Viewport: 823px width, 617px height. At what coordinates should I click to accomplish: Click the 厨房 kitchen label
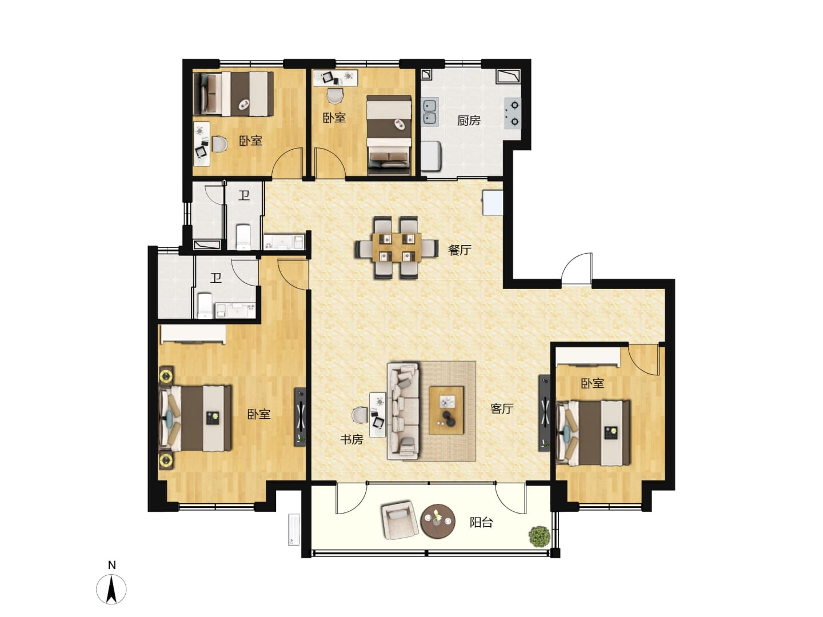coord(469,121)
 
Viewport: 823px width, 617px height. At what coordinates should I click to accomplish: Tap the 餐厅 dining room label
coord(460,250)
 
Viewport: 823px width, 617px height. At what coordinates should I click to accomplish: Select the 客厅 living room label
coord(502,408)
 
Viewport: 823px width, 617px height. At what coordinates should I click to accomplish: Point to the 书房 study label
coord(351,439)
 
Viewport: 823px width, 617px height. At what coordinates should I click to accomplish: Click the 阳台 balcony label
coord(481,522)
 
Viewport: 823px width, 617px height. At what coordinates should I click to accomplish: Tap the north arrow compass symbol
coord(111,589)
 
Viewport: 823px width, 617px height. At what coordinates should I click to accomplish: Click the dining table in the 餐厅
coord(397,247)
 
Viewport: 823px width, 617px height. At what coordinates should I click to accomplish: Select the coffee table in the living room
coord(446,411)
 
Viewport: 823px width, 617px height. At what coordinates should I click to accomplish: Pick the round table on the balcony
coord(438,521)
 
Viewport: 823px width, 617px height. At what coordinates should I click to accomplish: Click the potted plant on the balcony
coord(539,536)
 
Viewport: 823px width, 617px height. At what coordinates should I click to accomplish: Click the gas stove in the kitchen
coord(512,113)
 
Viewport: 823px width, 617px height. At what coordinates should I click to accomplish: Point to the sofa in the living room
coord(403,411)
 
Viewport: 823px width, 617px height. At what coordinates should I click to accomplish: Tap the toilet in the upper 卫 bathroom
coord(243,237)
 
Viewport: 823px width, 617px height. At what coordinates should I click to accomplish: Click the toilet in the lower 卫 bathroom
coord(205,305)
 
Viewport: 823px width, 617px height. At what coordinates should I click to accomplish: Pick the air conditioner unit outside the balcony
coord(294,530)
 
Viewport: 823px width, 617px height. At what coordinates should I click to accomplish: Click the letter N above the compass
coord(111,565)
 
